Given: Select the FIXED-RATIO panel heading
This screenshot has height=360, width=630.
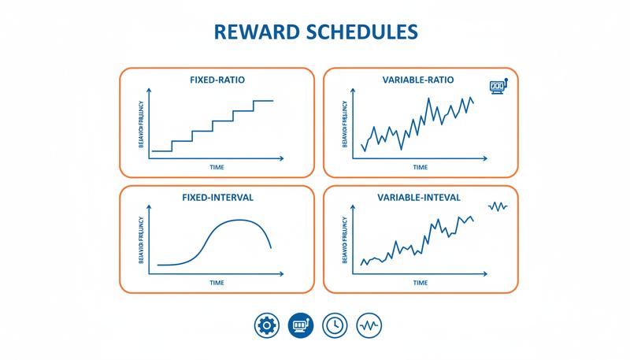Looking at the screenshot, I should (216, 80).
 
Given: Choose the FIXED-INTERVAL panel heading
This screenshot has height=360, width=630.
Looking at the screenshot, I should (216, 197).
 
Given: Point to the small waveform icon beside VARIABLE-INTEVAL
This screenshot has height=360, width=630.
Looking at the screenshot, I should (498, 206).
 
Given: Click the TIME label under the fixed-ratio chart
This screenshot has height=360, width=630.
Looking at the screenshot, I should (217, 167).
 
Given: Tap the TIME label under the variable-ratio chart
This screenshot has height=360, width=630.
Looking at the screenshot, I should (421, 167).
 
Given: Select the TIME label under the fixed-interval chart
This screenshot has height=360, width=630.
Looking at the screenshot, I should (217, 282).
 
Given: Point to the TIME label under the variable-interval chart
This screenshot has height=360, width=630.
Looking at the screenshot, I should (421, 282).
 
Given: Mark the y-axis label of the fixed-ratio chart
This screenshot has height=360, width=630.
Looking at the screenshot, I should (141, 126).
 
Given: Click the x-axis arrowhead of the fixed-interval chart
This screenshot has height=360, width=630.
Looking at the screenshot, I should (281, 273).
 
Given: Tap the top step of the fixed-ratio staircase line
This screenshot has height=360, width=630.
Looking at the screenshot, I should (263, 101).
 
